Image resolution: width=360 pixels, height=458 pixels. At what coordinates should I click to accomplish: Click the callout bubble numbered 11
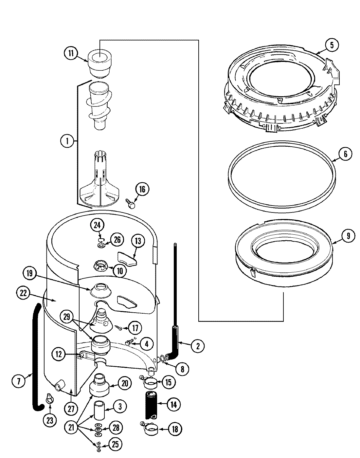[x=71, y=53]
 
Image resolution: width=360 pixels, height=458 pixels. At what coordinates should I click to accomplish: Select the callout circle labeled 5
[x=332, y=45]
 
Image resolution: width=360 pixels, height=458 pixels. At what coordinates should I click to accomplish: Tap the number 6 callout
[x=345, y=154]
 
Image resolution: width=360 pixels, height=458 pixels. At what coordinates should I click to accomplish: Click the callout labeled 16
[x=142, y=189]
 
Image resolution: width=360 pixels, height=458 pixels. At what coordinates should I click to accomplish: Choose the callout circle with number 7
[x=18, y=381]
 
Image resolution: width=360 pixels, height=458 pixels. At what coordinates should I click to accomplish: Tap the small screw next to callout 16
[x=131, y=205]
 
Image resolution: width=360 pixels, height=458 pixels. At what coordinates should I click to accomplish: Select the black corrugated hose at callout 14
[x=151, y=404]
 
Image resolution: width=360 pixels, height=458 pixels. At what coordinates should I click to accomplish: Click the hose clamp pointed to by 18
[x=150, y=429]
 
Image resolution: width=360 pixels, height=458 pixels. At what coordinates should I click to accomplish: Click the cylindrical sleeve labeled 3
[x=100, y=409]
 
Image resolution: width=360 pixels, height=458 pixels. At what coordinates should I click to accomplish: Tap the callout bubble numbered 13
[x=138, y=241]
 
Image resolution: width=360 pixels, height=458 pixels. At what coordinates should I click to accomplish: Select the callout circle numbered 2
[x=197, y=346]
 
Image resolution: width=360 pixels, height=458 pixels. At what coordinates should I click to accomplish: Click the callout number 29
[x=67, y=317]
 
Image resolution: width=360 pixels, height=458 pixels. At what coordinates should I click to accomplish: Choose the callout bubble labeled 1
[x=67, y=141]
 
